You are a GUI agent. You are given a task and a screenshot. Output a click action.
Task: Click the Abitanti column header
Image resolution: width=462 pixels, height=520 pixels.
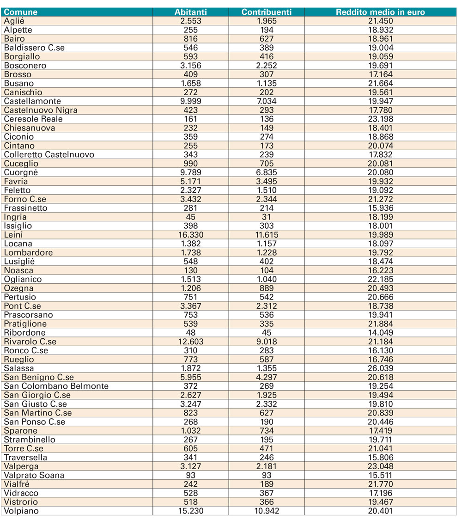pos(190,12)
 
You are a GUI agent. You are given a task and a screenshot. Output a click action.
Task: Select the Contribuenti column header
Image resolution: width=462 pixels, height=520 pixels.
pos(267,12)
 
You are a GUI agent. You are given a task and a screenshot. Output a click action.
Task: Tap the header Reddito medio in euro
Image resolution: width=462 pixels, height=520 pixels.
pos(380,12)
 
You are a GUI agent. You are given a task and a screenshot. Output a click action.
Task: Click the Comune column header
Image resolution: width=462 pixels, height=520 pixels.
pos(21,12)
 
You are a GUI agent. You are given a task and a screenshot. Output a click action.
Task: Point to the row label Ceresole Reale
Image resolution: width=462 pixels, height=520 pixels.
pos(33,119)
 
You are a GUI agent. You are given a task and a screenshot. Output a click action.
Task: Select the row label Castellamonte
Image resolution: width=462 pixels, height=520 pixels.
pos(32,101)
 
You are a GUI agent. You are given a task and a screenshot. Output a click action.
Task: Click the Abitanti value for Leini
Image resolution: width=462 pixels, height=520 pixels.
pos(190,235)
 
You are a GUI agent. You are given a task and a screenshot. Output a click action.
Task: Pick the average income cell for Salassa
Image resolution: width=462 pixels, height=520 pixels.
pos(381,368)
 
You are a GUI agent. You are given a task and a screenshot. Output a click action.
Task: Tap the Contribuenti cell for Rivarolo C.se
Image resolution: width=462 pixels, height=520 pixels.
pos(267,342)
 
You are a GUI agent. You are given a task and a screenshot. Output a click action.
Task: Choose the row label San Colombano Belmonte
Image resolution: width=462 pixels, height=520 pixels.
pos(56,386)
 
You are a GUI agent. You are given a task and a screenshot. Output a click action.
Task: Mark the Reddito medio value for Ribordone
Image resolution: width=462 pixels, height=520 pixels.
pos(381,333)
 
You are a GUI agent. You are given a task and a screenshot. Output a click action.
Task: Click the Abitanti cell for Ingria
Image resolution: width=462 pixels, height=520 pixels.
pos(190,217)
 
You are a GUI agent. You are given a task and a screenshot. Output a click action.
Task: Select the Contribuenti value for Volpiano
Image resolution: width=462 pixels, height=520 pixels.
pos(267,511)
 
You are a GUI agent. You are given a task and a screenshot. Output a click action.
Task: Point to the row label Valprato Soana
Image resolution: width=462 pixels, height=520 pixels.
pos(34,475)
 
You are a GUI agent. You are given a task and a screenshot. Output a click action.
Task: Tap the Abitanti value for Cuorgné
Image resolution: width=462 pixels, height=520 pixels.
pos(190,172)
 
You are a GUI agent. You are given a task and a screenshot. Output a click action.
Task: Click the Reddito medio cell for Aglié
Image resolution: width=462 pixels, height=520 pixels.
pos(381,21)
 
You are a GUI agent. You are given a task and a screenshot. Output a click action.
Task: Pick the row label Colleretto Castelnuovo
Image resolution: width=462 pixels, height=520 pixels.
pos(49,154)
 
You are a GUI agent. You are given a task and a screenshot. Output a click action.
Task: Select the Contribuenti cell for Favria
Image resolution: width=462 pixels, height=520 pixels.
pos(267,181)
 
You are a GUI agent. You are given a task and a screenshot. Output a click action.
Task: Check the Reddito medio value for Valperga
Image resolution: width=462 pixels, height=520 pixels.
pos(381,466)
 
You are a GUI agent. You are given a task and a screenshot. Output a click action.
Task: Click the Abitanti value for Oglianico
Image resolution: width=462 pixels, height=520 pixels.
pos(190,279)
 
